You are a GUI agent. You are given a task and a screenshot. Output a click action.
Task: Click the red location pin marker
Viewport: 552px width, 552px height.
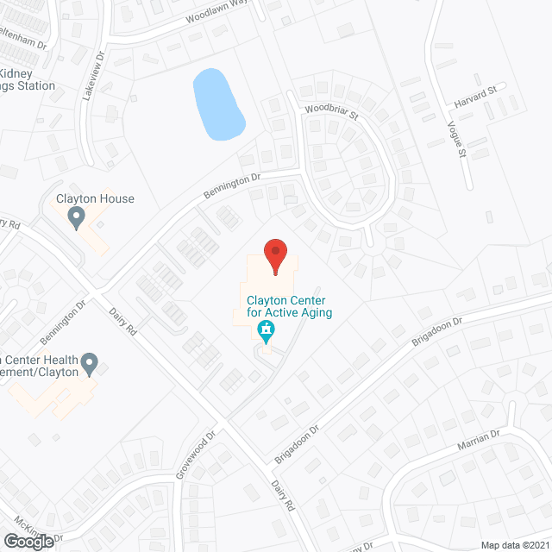275,256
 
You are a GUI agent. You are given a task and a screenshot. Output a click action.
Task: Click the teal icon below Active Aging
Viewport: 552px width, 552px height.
267,330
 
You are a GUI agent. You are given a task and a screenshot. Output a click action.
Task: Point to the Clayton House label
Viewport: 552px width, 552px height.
95,198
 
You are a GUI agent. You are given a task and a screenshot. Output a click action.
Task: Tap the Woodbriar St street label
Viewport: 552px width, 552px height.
329,113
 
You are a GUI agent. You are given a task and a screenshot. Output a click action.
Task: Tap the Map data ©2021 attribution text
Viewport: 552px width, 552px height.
515,545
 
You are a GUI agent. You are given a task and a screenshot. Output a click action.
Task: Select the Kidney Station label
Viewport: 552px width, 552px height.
26,79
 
